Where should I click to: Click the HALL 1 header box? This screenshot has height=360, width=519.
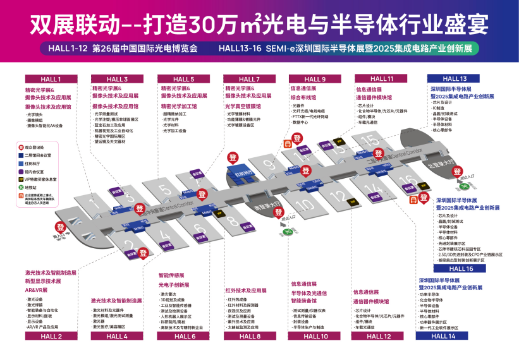point(51,79)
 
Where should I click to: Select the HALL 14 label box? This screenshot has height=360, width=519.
point(443,336)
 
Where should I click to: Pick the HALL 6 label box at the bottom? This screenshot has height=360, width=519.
point(185,336)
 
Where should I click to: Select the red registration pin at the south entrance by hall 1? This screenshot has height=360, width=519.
point(61,227)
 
